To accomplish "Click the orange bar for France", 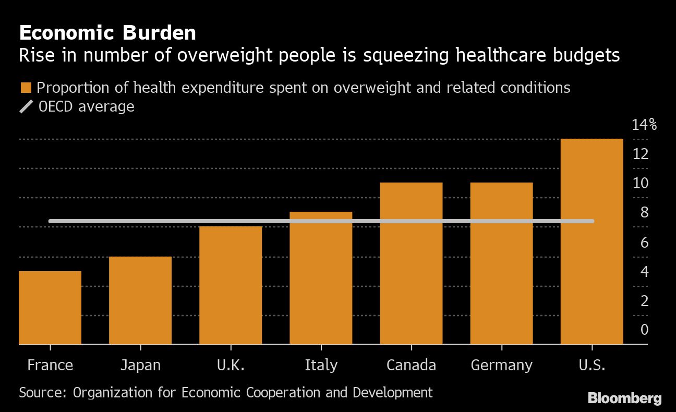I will tap(50, 308).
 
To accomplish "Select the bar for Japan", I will tap(140, 300).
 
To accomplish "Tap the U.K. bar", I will tap(231, 285).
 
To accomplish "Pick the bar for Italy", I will tap(321, 278).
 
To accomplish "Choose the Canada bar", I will tap(411, 263).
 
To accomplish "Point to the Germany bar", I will tap(501, 263).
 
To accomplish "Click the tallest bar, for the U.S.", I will tap(591, 241).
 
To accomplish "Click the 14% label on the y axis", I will tap(644, 125).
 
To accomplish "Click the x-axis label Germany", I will tap(501, 365).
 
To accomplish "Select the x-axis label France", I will tap(50, 365).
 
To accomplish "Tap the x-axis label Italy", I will tap(321, 365).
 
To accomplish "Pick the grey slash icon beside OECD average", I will tap(26, 107).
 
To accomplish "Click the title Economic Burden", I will tap(107, 33).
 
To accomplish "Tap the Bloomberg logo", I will tap(624, 399).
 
